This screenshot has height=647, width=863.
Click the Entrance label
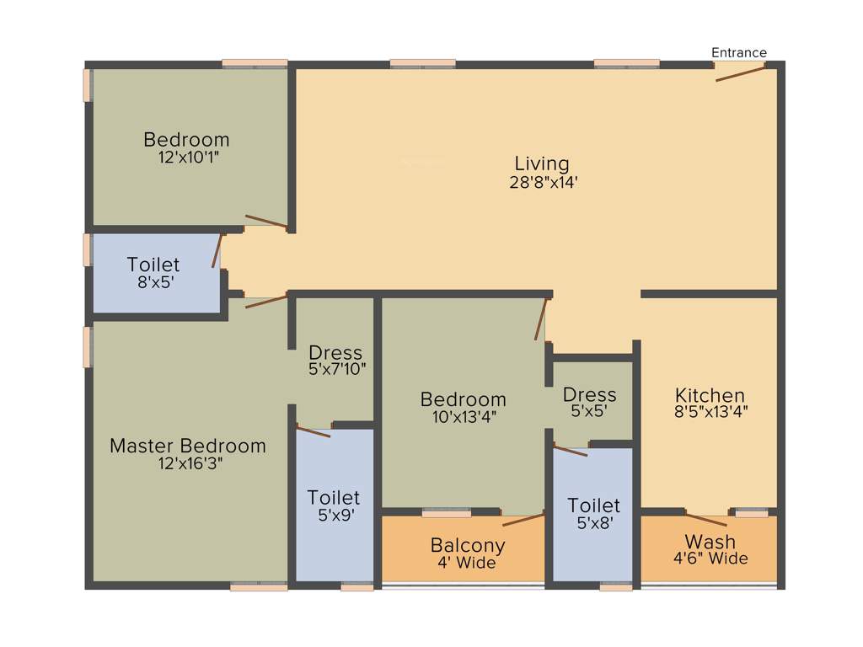pyautogui.click(x=739, y=52)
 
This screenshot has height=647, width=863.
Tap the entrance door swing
pyautogui.click(x=740, y=73)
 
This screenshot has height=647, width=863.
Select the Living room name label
pyautogui.click(x=542, y=163)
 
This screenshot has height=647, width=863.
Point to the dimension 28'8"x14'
pyautogui.click(x=542, y=181)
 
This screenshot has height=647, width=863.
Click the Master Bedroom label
pyautogui.click(x=187, y=446)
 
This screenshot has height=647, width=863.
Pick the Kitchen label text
pyautogui.click(x=710, y=395)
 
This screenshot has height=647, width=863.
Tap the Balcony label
pyautogui.click(x=467, y=545)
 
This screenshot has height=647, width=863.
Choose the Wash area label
pyautogui.click(x=710, y=542)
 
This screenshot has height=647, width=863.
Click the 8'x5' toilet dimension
pyautogui.click(x=153, y=282)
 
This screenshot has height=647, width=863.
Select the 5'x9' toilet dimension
pyautogui.click(x=334, y=515)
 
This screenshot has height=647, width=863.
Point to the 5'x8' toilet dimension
pyautogui.click(x=593, y=522)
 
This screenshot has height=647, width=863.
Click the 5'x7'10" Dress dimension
pyautogui.click(x=335, y=369)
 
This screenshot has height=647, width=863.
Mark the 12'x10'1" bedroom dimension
pyautogui.click(x=186, y=157)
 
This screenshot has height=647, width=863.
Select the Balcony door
pyautogui.click(x=523, y=518)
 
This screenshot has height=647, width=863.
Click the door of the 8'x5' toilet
pyautogui.click(x=218, y=251)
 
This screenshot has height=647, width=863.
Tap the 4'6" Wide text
pyautogui.click(x=710, y=559)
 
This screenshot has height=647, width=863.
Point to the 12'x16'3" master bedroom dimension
pyautogui.click(x=187, y=463)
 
